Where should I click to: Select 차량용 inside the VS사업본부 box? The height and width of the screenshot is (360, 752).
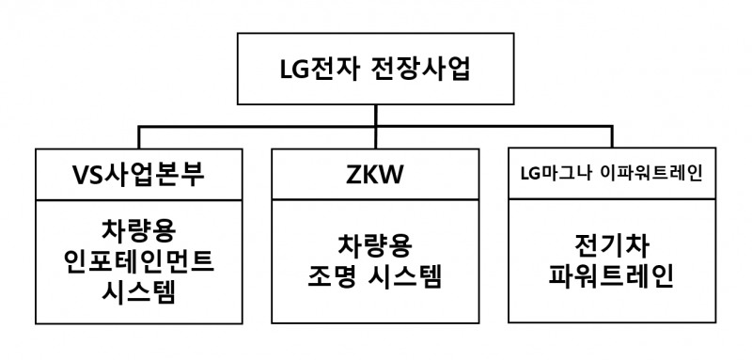click(x=140, y=228)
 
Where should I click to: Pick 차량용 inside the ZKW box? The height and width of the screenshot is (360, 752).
click(x=375, y=246)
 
